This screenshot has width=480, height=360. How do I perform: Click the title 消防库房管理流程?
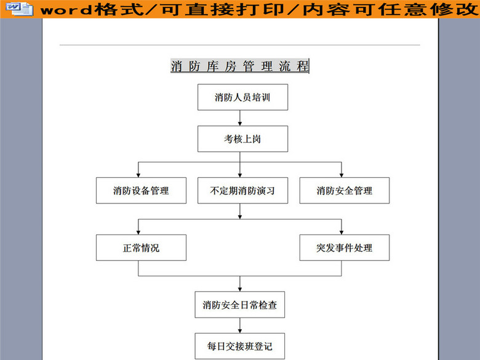tap(240, 66)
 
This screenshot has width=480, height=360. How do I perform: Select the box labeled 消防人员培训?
tap(242, 97)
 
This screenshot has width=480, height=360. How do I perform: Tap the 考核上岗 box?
tap(242, 139)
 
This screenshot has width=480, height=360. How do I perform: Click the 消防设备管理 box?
tap(141, 190)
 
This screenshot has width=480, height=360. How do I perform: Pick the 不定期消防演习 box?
tap(242, 190)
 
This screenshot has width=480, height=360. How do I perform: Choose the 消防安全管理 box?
tap(345, 190)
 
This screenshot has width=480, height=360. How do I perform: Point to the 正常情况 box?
tap(141, 248)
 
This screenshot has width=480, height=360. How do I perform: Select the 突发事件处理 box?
tap(345, 248)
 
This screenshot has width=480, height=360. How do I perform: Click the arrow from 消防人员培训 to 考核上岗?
tap(240, 118)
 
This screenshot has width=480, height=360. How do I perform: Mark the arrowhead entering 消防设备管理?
tap(138, 174)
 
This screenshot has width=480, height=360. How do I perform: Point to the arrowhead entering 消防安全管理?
tap(342, 174)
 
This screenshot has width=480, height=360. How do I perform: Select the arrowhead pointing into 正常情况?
tap(138, 231)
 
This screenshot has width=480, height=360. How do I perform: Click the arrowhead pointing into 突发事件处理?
tap(342, 231)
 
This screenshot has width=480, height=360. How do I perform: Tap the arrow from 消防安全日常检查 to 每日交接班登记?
tap(240, 326)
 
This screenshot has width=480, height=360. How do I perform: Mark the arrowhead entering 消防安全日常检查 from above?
tap(240, 289)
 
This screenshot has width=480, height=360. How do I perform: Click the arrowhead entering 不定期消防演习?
tap(240, 174)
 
